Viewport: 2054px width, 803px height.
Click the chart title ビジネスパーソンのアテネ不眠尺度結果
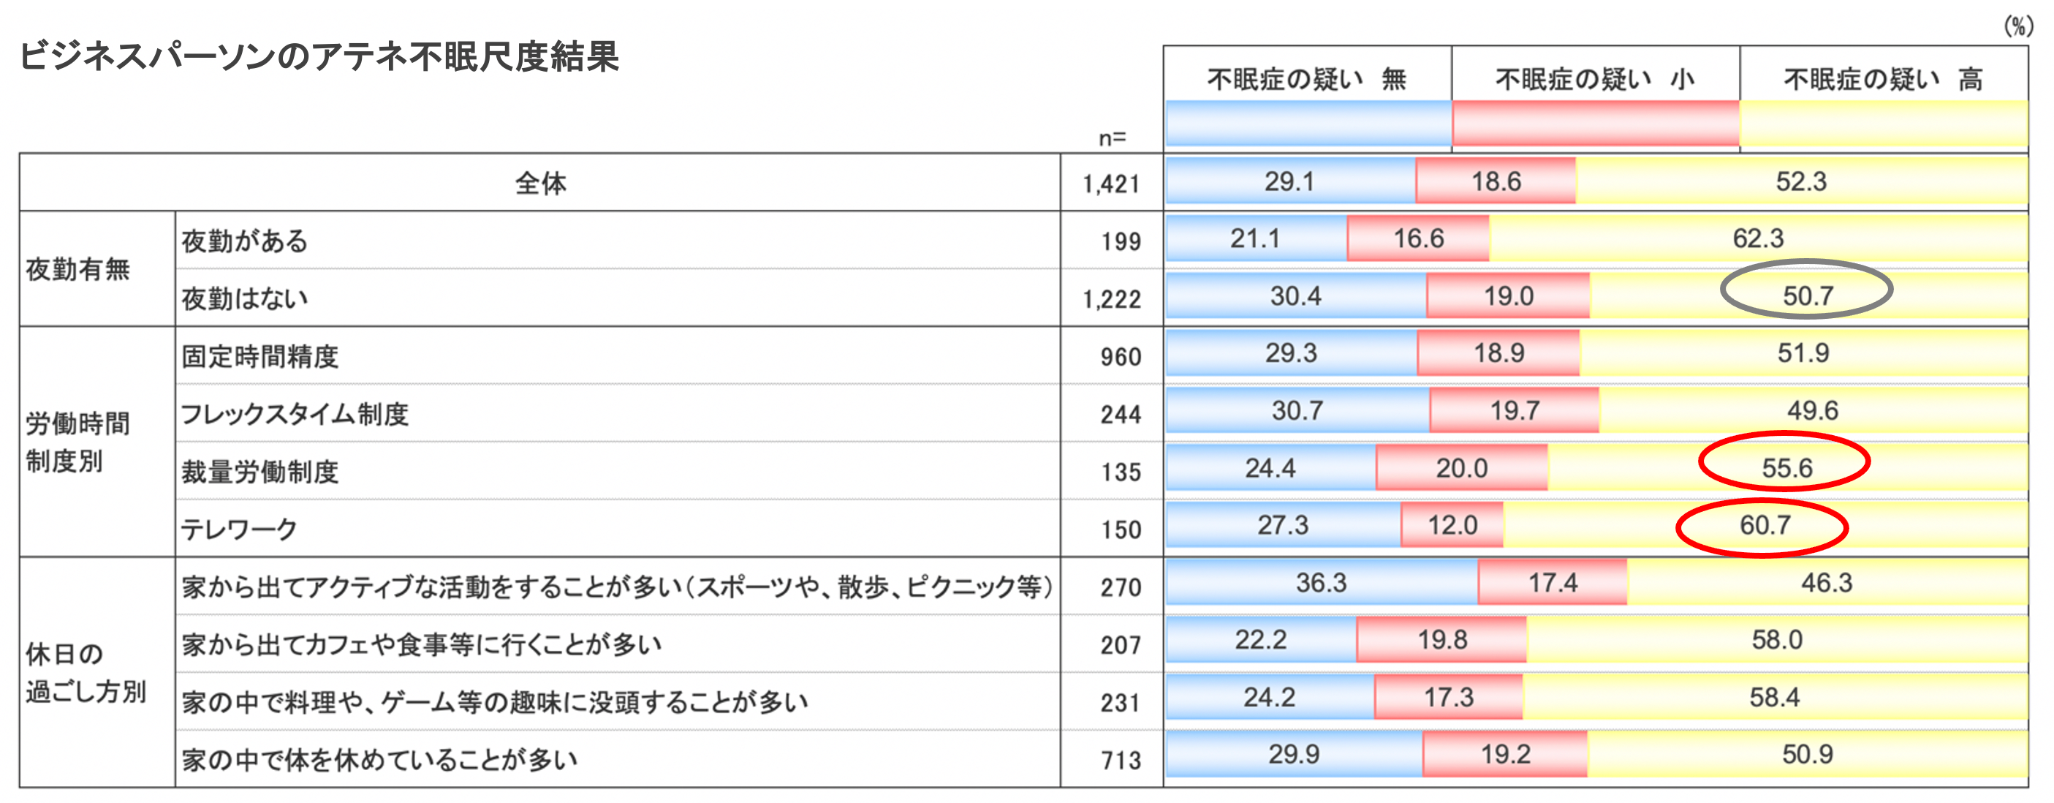tap(319, 58)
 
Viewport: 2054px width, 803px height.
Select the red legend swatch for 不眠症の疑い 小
tap(1595, 124)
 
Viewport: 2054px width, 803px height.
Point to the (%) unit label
tap(2017, 26)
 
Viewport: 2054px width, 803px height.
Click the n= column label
tap(1113, 139)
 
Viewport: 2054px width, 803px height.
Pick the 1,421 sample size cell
tap(1112, 184)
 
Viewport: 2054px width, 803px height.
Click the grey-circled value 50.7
tap(1807, 296)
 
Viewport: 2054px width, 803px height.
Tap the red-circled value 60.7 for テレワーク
tap(1765, 526)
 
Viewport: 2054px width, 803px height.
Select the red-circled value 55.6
tap(1786, 468)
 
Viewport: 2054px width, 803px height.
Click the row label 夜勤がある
tap(245, 241)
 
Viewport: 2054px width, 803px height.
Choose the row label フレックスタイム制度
tap(295, 414)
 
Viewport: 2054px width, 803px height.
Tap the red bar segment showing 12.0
tap(1452, 526)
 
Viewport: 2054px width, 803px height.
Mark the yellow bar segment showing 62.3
tap(1757, 238)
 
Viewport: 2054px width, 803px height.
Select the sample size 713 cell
tap(1121, 761)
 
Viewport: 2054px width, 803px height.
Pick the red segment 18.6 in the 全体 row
tap(1495, 182)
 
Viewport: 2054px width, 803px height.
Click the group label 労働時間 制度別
tap(77, 442)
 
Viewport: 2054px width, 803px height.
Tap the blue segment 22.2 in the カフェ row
tap(1261, 639)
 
